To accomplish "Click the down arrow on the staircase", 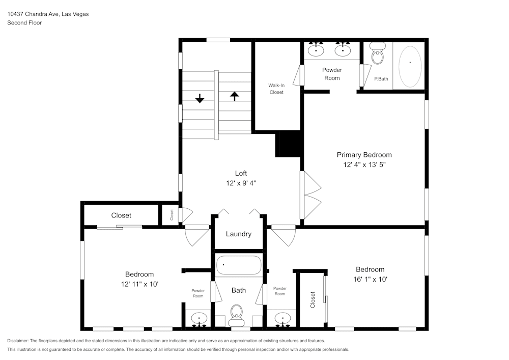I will (200, 98).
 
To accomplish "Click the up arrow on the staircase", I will (234, 96).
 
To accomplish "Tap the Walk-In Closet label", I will (276, 89).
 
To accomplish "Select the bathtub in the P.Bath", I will (410, 65).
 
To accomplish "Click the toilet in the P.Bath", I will (377, 54).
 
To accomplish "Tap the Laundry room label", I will (239, 234).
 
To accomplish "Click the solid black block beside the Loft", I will (289, 144).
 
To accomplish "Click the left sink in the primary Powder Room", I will (317, 50).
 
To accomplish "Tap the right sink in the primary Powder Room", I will (343, 50).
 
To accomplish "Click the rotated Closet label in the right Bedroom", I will (313, 299).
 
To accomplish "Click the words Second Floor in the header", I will (24, 23).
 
